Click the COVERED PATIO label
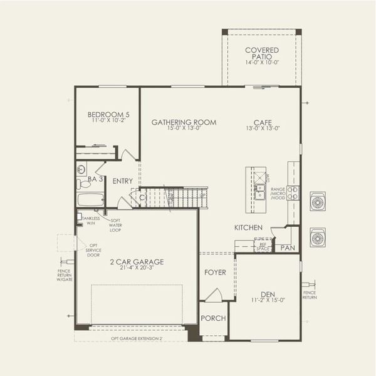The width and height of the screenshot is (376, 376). point(262,53)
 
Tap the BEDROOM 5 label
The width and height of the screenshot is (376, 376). point(108,115)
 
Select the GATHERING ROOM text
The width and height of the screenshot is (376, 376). point(184,122)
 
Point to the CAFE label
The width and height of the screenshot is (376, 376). point(263,122)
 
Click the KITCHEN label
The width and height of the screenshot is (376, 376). point(248,227)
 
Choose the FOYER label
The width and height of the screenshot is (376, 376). point(215,273)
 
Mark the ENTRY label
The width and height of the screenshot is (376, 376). point(123,181)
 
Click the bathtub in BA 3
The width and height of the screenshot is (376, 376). point(90,201)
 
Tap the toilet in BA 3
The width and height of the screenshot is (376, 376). point(81,184)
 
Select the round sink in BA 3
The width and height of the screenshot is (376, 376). point(81,169)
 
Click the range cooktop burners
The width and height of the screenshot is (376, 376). point(293,192)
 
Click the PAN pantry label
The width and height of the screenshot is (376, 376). point(288,248)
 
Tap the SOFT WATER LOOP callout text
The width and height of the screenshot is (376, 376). point(115,225)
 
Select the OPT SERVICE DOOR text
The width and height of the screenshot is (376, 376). point(93,251)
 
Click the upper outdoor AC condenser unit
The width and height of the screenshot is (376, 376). point(318,202)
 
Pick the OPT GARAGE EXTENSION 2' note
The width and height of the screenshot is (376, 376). point(137,338)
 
